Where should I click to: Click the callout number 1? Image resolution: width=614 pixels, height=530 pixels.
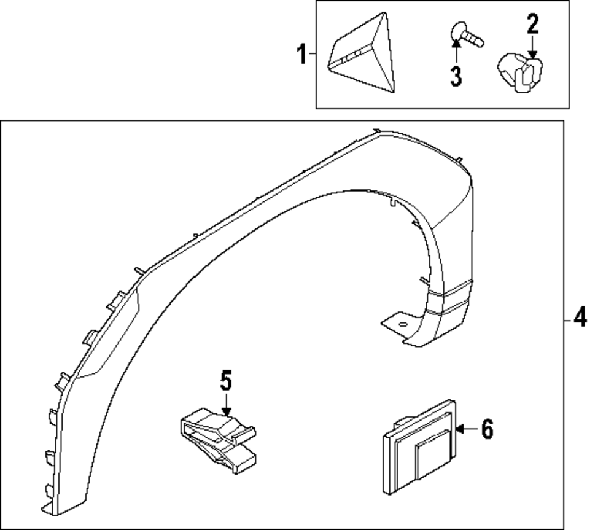(x=301, y=55)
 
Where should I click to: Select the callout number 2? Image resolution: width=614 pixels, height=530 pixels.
(x=532, y=25)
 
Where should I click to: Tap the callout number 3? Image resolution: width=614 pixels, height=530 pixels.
(x=456, y=76)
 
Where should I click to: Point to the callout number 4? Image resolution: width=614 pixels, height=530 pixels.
(x=580, y=318)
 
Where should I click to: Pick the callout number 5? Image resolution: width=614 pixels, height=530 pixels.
(x=227, y=381)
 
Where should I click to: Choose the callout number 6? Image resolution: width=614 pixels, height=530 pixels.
(x=487, y=430)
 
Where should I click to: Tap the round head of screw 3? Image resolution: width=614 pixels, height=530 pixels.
(x=457, y=30)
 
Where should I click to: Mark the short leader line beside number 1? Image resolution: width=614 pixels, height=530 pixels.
(x=312, y=55)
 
